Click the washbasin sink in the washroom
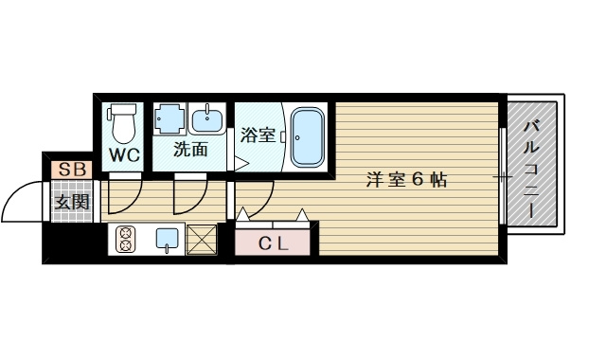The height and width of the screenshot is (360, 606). [206, 120]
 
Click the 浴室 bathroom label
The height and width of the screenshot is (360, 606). [258, 135]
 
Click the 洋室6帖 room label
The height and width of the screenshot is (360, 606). [408, 179]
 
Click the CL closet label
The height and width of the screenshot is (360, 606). [275, 243]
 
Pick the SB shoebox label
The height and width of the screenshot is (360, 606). [70, 171]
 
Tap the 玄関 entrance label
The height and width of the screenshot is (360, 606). [70, 202]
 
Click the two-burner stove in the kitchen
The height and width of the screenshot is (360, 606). [125, 241]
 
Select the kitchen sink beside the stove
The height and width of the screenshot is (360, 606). [167, 240]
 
